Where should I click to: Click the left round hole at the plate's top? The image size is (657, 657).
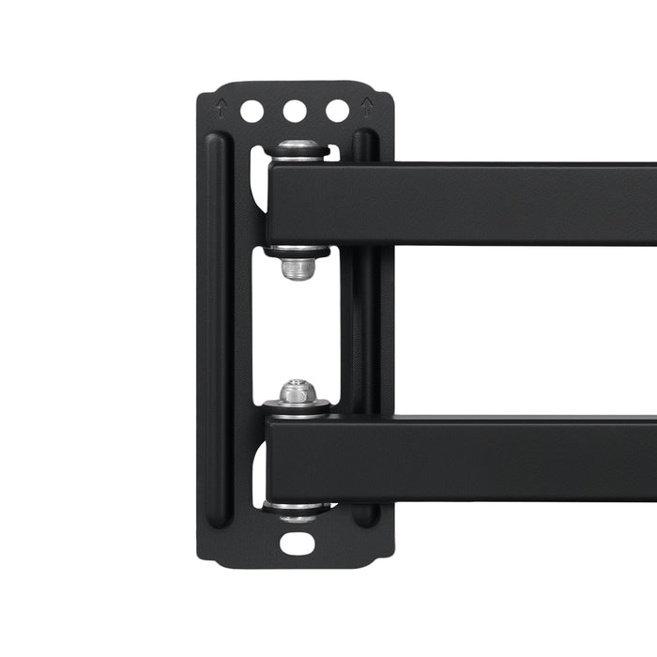coord(252,111)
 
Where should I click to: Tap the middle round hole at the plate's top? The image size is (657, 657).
coord(295,111)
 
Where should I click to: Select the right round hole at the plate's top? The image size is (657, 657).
coord(337,111)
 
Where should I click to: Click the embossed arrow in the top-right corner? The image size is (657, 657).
coord(366,106)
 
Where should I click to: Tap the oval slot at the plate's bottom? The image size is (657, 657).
coord(297,542)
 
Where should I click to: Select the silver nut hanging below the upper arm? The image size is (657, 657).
coord(298,268)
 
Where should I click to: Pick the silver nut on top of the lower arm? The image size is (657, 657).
coord(298,391)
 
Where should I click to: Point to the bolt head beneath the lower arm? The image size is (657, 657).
coord(298,512)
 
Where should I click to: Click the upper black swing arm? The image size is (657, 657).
coord(469,204)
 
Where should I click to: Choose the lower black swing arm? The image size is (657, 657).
coord(469,458)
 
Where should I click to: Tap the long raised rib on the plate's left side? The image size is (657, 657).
coord(217,328)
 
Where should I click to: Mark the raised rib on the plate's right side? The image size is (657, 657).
coord(365,328)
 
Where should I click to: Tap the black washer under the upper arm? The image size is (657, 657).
coord(298,252)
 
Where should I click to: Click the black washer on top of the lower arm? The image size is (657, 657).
coord(298,407)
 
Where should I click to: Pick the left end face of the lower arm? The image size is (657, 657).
coord(269,458)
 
